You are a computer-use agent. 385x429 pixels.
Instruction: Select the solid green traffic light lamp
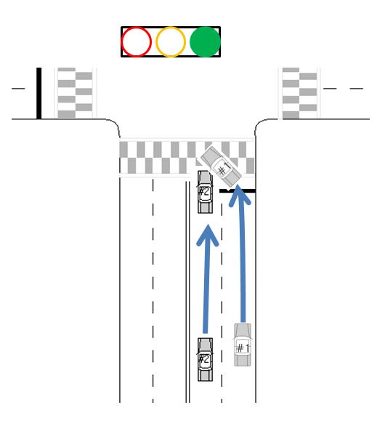pyautogui.click(x=205, y=42)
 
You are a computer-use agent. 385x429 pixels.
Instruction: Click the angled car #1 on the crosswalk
pyautogui.click(x=221, y=166)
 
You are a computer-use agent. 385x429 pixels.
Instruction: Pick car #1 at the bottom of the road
pyautogui.click(x=243, y=345)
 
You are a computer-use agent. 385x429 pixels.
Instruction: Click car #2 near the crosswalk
pyautogui.click(x=205, y=192)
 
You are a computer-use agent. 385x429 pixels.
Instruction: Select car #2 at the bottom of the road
pyautogui.click(x=205, y=359)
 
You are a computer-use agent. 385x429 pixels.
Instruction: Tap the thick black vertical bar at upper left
pyautogui.click(x=39, y=93)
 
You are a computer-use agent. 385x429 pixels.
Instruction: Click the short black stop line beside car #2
pyautogui.click(x=238, y=191)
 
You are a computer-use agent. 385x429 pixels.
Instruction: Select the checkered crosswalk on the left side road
pyautogui.click(x=75, y=93)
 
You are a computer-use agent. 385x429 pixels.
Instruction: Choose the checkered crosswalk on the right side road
pyautogui.click(x=299, y=93)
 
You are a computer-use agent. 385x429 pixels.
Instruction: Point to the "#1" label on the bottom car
pyautogui.click(x=242, y=348)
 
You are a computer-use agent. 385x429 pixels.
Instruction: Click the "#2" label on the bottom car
pyautogui.click(x=205, y=359)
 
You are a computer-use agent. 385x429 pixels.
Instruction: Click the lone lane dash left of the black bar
pyautogui.click(x=18, y=89)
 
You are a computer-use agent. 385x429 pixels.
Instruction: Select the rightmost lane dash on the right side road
pyautogui.click(x=357, y=89)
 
